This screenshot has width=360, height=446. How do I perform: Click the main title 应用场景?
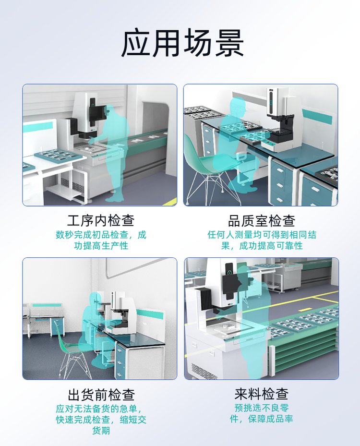[x=182, y=44]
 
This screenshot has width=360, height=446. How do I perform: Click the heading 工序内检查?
[x=101, y=220]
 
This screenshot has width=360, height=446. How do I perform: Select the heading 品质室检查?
[x=261, y=220]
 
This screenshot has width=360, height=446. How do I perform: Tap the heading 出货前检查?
[x=101, y=395]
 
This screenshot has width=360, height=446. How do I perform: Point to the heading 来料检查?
[x=261, y=394]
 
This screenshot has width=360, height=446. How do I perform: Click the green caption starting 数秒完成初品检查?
[x=101, y=240]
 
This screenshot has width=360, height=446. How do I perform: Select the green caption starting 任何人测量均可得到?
[x=262, y=240]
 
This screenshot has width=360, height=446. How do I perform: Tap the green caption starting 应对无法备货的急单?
[x=101, y=419]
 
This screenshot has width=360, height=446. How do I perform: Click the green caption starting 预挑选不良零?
[x=261, y=413]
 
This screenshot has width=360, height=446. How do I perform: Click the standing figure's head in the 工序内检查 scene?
[x=110, y=110]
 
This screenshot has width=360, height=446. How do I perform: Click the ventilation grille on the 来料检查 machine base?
[x=203, y=371]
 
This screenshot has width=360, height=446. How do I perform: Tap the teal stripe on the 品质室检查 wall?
[x=317, y=116]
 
